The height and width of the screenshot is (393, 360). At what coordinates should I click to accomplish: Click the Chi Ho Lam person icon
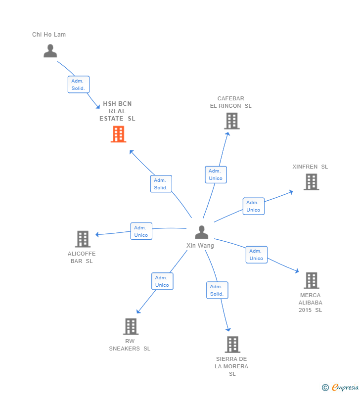coord(50,51)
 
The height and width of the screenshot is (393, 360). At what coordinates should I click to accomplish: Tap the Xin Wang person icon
coord(201,232)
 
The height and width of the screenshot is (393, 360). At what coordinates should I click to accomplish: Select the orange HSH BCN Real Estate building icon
coord(118,134)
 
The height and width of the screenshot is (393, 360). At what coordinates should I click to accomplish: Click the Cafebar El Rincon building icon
coord(231,121)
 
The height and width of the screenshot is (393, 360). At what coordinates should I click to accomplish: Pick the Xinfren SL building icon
coord(311,182)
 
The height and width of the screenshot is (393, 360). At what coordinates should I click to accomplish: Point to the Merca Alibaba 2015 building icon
coord(311,280)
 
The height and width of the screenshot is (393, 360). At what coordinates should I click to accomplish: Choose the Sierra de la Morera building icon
coord(232,344)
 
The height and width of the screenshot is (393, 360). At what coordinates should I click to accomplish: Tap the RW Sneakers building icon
coord(131,326)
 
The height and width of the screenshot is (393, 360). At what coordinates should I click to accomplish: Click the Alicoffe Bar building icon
coord(83,239)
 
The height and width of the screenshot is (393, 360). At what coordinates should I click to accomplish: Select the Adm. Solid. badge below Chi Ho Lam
coord(78,85)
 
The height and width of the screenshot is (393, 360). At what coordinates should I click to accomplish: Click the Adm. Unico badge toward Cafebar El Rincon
coord(216,175)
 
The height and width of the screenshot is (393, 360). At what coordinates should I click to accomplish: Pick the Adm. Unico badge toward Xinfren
coord(253,206)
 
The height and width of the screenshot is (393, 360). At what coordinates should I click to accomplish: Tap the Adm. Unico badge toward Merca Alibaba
coord(256,255)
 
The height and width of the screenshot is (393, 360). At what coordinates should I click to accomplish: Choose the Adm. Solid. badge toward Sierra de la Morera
coord(217,290)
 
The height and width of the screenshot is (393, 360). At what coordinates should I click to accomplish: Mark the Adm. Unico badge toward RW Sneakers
coord(162,281)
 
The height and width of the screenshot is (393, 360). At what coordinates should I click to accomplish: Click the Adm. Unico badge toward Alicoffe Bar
coord(141,231)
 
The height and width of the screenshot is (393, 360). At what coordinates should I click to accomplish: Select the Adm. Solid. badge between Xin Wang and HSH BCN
coord(161,184)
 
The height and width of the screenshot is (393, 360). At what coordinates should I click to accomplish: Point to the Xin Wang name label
coord(200,246)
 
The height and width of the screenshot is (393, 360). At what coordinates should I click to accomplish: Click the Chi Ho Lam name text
coord(49,35)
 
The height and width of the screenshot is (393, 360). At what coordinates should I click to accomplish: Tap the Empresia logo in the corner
coord(341,388)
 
